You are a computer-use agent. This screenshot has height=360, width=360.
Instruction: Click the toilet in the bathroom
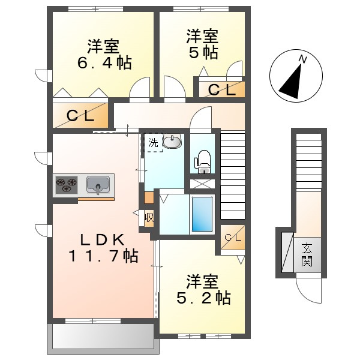point(203,161)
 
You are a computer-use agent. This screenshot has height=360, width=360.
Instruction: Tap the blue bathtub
point(202,214)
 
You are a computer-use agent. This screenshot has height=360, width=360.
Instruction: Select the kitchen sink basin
point(98,184)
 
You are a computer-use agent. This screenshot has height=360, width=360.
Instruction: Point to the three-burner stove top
point(67,185)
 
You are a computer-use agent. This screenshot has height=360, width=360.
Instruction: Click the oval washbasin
point(172,141)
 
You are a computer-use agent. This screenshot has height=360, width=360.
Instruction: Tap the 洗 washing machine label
point(153,143)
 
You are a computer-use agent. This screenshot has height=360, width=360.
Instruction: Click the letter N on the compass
point(303,59)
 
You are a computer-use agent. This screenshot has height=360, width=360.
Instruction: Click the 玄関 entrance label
point(307,254)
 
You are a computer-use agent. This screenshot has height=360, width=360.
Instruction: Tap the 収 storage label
point(149,217)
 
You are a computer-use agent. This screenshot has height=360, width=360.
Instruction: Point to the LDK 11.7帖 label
point(103,248)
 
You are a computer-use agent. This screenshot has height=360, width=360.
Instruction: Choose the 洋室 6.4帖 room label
point(104,55)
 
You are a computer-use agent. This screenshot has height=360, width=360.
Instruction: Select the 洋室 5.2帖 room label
point(203,289)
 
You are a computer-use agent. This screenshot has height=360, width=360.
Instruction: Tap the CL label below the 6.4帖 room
point(80,116)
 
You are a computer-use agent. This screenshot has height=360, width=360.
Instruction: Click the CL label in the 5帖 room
point(222,90)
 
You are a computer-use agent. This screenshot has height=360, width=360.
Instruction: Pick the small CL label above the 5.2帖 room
point(233,238)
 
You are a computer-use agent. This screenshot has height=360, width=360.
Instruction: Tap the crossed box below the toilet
point(202,184)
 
